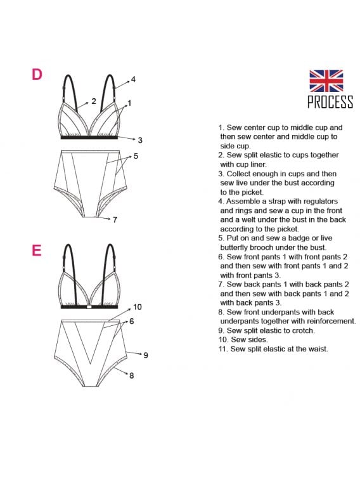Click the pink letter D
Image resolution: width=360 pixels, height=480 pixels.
click(37, 74)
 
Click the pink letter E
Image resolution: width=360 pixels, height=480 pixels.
click(36, 250)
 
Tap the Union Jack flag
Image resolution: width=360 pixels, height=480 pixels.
click(326, 81)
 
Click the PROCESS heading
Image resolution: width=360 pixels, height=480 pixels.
click(330, 102)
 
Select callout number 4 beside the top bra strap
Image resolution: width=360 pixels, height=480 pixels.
click(133, 79)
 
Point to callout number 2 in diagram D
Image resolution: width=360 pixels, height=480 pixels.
click(94, 101)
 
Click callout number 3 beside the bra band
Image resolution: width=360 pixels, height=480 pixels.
click(140, 140)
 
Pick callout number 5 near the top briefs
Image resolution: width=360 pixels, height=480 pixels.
click(136, 156)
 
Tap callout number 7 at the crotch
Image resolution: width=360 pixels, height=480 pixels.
click(115, 220)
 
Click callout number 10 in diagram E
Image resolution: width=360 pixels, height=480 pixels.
click(138, 307)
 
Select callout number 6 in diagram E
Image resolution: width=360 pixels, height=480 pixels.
click(132, 321)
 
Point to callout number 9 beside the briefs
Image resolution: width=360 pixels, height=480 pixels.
click(146, 355)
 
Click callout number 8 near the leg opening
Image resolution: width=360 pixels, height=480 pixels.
click(132, 375)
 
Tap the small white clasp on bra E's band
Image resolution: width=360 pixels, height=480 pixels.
click(89, 306)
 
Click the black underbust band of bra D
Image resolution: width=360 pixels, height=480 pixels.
click(89, 138)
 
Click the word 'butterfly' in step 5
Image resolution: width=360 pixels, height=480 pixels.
click(235, 247)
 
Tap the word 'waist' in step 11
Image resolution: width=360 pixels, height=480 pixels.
click(317, 349)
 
